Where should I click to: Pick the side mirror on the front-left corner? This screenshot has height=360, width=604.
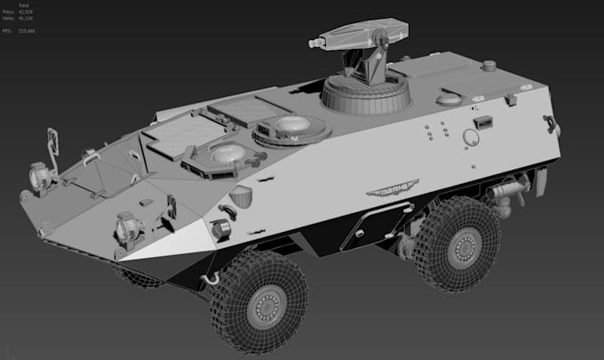[x=52, y=141]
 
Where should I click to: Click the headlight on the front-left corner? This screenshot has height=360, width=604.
[x=40, y=177]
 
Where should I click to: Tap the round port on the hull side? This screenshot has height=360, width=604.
[x=471, y=136]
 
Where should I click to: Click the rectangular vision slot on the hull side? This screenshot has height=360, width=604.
[x=484, y=122]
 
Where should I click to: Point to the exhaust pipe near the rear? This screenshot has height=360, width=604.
[x=506, y=192]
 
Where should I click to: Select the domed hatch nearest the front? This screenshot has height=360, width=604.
[x=226, y=155]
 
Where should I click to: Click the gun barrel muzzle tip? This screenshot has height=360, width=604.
[x=314, y=42]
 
